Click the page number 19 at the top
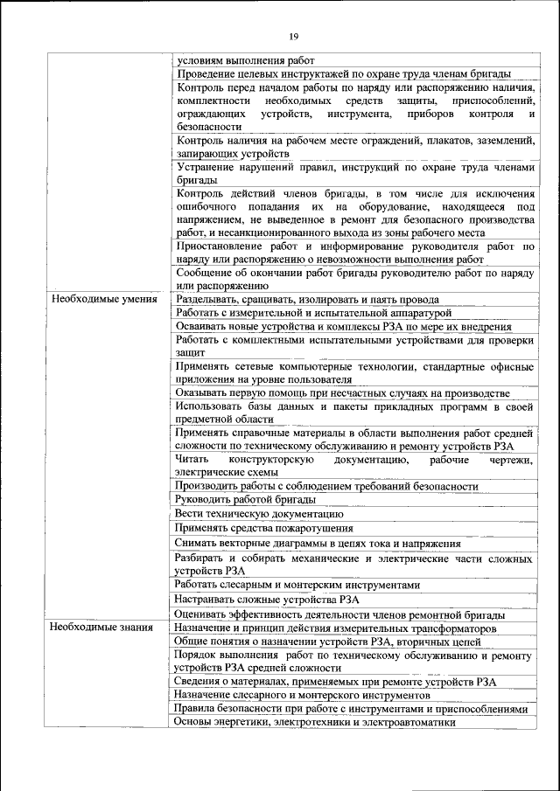click(x=294, y=36)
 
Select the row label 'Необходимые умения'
click(x=98, y=299)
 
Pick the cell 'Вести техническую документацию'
click(x=252, y=513)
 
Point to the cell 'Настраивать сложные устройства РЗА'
click(x=267, y=599)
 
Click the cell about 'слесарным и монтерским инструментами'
click(x=297, y=584)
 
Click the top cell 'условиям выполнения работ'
click(x=245, y=60)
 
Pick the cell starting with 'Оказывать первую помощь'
click(x=341, y=392)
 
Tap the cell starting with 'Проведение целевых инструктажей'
click(x=343, y=74)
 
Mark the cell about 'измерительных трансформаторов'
click(x=336, y=628)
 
